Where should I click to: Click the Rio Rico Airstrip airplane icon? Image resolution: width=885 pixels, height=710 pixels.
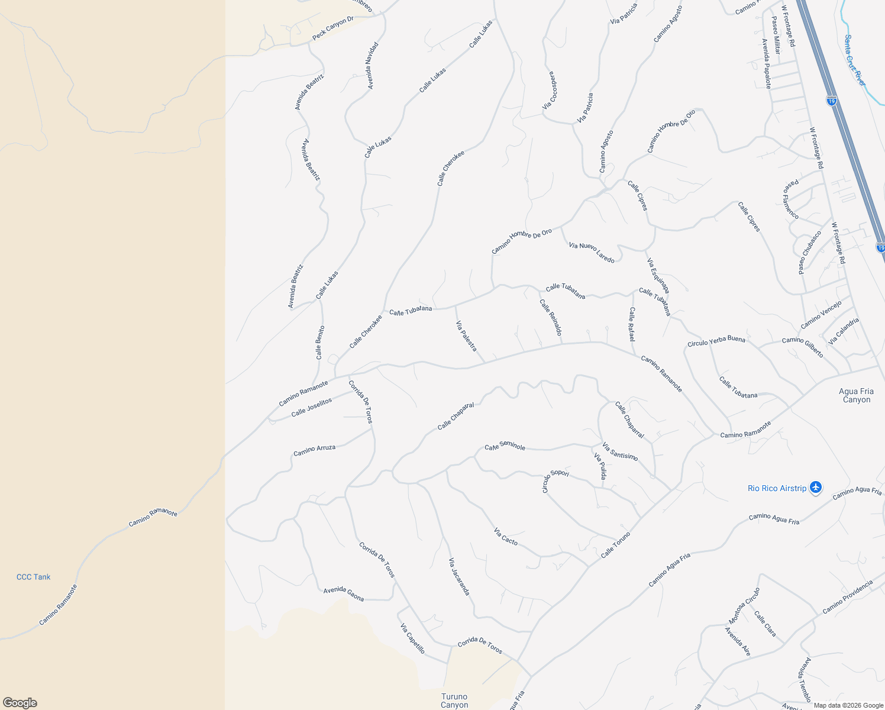pos(816,488)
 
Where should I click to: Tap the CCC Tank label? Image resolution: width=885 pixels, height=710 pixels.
pos(34,577)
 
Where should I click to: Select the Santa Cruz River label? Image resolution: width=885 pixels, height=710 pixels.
pos(854,60)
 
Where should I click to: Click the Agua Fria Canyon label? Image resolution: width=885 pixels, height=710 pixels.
pos(856,395)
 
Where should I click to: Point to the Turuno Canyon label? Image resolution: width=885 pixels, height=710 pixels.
pos(454,701)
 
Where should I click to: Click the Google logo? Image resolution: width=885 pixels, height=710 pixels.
pos(20,703)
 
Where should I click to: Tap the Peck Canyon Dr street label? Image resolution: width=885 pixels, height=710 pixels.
pos(332,28)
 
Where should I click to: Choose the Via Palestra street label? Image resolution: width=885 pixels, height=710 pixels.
pos(466,335)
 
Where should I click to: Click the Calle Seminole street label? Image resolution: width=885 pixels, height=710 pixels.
pos(505,446)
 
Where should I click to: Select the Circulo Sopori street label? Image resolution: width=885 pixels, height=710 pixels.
pos(555,480)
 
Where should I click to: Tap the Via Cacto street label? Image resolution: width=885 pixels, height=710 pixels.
pos(506,537)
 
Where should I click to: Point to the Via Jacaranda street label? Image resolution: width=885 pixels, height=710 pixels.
pos(459,576)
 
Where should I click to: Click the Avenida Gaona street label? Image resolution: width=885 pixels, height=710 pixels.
pos(343,594)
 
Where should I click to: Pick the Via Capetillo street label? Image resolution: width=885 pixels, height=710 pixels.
pos(412,638)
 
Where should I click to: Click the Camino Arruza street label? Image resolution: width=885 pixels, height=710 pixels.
pos(314,451)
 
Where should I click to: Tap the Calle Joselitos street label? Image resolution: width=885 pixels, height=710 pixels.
pos(312,407)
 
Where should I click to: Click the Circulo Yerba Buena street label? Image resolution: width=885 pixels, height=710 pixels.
pos(716,342)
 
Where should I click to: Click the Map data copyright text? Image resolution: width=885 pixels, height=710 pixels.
pos(847,705)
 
